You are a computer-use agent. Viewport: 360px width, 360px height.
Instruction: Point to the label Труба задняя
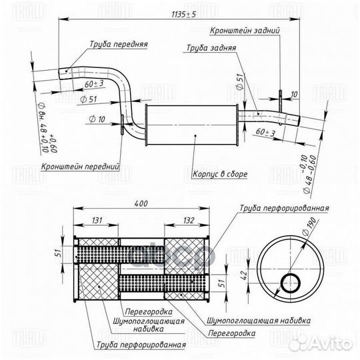[x=210, y=48]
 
